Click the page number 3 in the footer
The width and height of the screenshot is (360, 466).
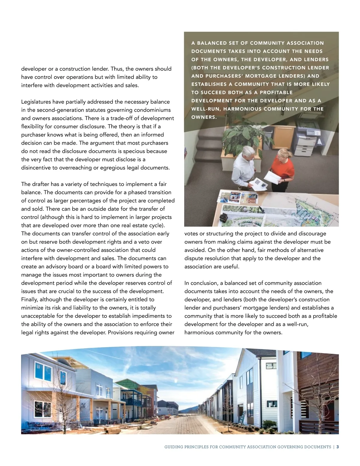click(x=337, y=447)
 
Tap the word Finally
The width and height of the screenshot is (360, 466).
click(x=29, y=299)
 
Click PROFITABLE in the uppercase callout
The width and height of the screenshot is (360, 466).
click(x=276, y=92)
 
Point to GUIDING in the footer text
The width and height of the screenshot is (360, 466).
click(x=174, y=447)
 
